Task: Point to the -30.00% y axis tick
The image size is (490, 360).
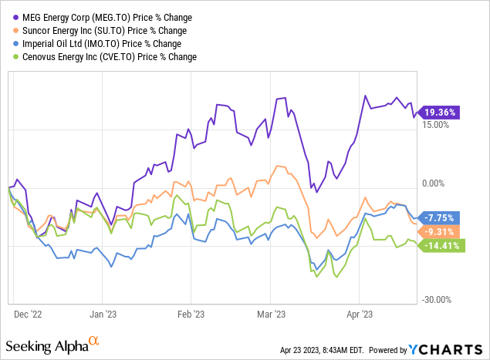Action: [x=436, y=300]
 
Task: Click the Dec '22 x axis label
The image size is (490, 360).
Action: [x=29, y=315]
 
